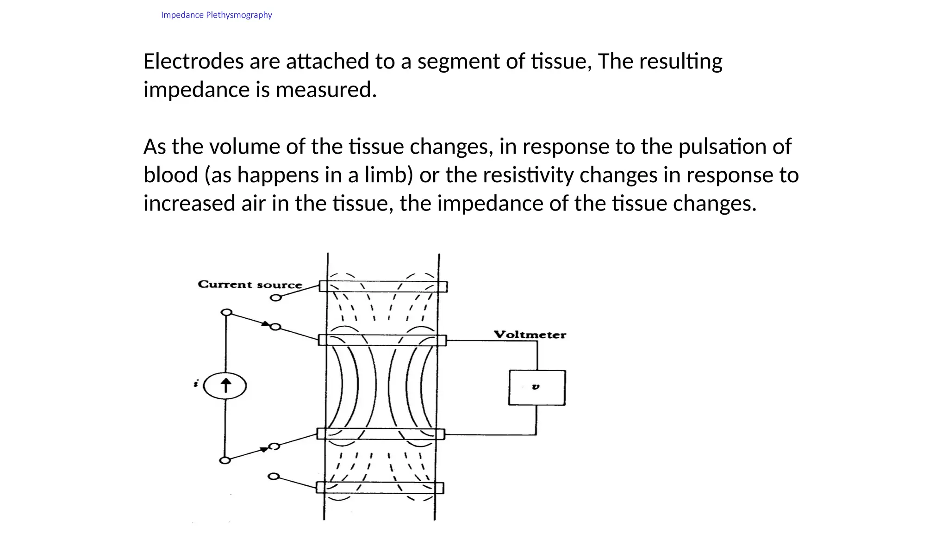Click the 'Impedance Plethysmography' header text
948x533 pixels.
(216, 15)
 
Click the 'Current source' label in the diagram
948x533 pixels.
(249, 284)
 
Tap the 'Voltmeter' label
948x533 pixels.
(530, 335)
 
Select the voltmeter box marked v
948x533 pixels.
(536, 388)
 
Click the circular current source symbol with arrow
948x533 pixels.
(225, 386)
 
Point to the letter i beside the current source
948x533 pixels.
(196, 384)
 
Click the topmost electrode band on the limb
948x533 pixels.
(383, 286)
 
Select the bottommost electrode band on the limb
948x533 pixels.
(380, 488)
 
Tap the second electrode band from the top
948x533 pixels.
(382, 340)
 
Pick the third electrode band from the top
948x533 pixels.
(380, 434)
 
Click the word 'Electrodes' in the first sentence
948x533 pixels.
(193, 62)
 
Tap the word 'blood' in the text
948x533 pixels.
(171, 175)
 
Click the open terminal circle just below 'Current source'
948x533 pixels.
(275, 297)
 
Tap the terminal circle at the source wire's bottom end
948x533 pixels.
(225, 460)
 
